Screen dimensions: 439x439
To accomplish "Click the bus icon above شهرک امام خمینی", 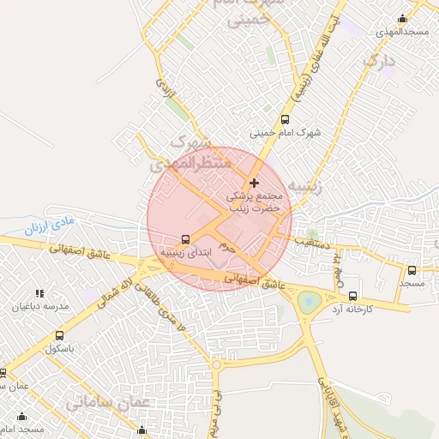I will pyautogui.click(x=286, y=121).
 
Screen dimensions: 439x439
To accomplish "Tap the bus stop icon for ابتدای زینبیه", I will pyautogui.click(x=185, y=239).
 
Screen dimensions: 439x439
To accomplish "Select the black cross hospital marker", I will pyautogui.click(x=254, y=183).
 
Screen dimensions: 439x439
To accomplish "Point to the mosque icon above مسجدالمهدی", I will pyautogui.click(x=403, y=19).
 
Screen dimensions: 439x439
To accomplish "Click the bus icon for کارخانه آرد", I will pyautogui.click(x=353, y=295).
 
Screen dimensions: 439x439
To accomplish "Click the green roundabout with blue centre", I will pyautogui.click(x=309, y=302).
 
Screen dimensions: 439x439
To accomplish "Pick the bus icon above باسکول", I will pyautogui.click(x=59, y=335).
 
